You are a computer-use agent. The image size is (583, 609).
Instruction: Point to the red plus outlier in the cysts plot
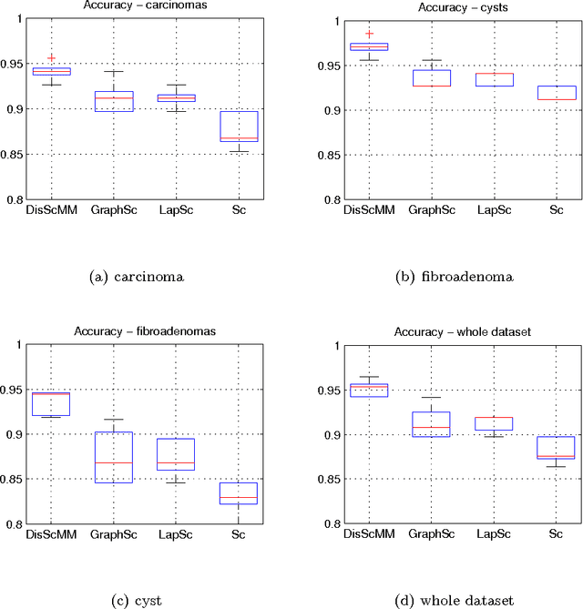tap(344, 34)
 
